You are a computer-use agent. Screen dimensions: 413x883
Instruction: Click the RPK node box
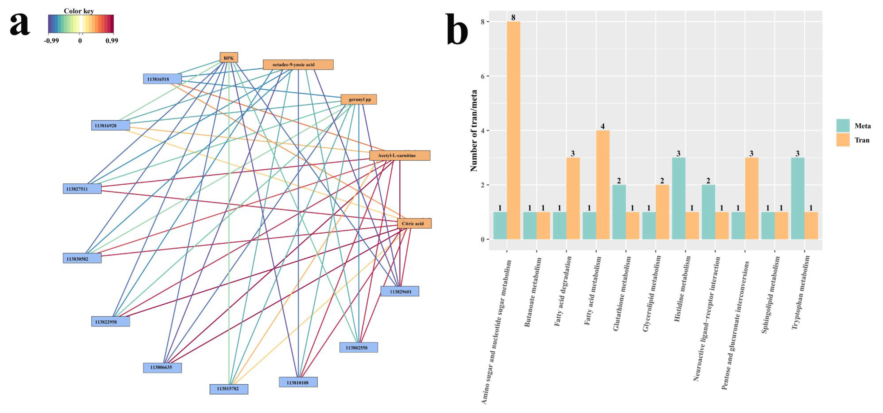229,58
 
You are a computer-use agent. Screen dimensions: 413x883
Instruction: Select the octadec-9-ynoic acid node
298,64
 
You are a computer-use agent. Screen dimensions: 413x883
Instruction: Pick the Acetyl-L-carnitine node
399,155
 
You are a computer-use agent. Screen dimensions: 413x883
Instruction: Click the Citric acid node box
414,223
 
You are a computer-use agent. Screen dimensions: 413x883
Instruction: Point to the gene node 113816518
162,79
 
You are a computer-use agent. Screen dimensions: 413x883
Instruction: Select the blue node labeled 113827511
82,189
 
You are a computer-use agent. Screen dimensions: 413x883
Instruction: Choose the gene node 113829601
400,292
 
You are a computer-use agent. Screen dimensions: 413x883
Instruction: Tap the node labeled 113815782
229,389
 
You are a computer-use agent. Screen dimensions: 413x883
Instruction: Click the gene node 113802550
359,347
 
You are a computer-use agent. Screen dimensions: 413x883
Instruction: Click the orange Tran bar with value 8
513,130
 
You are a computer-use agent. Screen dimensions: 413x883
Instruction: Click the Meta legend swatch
842,126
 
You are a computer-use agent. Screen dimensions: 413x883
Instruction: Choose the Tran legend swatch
842,140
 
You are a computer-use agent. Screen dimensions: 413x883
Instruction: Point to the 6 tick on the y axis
483,76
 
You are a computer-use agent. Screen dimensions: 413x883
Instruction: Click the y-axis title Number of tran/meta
474,130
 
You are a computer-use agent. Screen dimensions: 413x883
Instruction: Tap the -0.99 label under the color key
51,41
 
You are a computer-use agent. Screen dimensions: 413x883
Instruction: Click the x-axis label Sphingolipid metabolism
770,295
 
